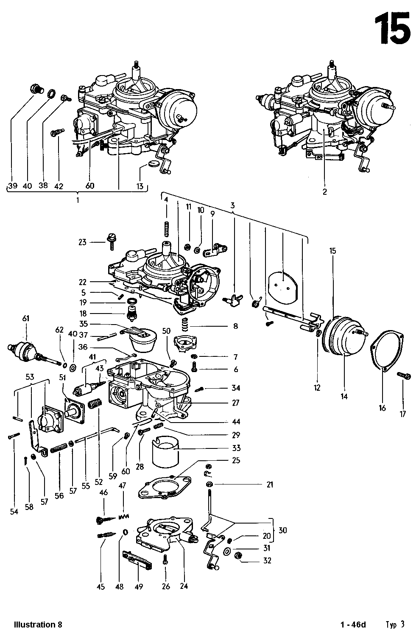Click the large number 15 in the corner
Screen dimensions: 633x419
(x=394, y=28)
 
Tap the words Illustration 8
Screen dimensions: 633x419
(x=38, y=625)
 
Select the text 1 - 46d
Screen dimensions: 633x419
(x=352, y=625)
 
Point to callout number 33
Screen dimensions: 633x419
(x=236, y=448)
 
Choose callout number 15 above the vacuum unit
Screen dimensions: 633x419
(x=332, y=251)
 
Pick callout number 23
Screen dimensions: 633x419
(x=82, y=242)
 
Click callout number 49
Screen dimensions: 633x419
(x=138, y=587)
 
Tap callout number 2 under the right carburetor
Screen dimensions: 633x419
(x=324, y=192)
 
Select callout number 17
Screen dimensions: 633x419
(x=402, y=414)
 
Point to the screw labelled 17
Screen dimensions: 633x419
(x=404, y=375)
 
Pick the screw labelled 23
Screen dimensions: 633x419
(x=112, y=241)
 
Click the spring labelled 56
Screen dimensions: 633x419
(x=59, y=447)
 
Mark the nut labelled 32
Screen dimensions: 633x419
(x=239, y=556)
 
